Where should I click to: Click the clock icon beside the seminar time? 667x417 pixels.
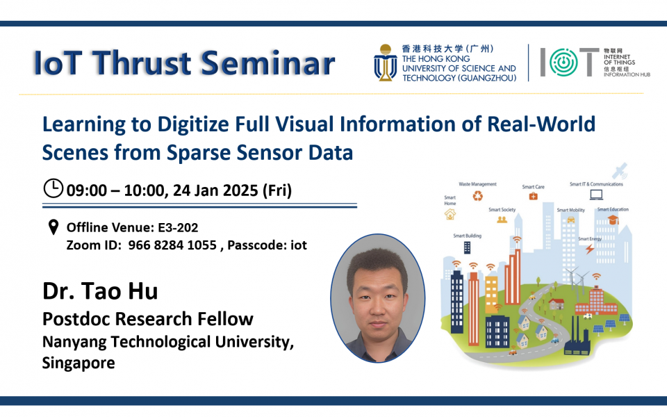[x=53, y=188]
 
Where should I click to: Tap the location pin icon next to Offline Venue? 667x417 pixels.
[x=53, y=227]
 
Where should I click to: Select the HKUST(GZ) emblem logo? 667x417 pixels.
[x=386, y=63]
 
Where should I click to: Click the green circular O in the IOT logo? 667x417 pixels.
[x=563, y=62]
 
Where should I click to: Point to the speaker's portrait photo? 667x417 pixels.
[x=378, y=298]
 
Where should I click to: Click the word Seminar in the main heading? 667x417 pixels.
[x=268, y=63]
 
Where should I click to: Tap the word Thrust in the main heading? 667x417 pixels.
[x=142, y=63]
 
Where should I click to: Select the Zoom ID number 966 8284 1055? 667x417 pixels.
[x=172, y=245]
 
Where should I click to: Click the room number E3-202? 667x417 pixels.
[x=178, y=228]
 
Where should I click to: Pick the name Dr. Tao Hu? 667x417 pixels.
[x=100, y=291]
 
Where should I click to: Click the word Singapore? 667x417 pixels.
[x=79, y=363]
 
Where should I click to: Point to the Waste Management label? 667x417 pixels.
[x=477, y=184]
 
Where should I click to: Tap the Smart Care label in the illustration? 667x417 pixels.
[x=533, y=187]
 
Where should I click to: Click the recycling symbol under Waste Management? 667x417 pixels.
[x=478, y=196]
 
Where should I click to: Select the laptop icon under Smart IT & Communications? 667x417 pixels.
[x=596, y=195]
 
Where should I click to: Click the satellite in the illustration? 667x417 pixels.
[x=620, y=171]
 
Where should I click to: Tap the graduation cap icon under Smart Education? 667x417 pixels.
[x=613, y=220]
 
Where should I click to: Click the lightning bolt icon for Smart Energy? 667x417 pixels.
[x=590, y=248]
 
